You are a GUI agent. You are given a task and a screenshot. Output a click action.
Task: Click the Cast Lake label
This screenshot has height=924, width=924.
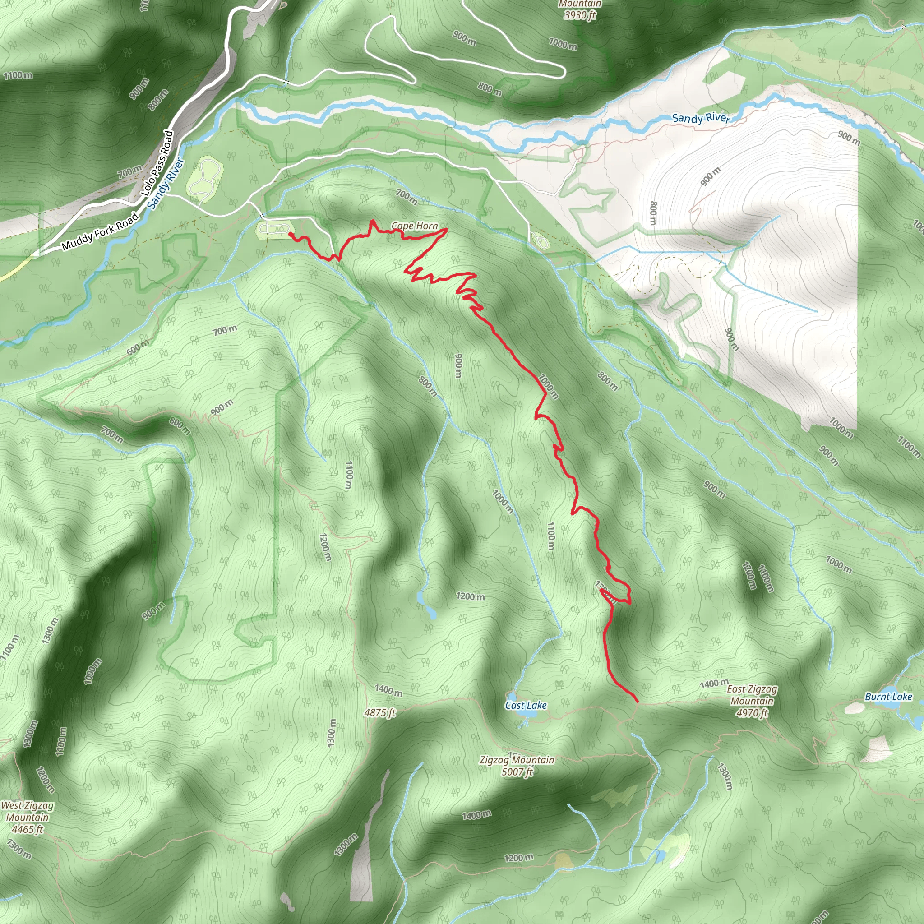(526, 706)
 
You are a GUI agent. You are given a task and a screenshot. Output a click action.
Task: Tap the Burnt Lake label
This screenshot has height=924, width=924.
(888, 697)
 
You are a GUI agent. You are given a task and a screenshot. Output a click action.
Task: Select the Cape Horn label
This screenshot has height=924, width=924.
(414, 226)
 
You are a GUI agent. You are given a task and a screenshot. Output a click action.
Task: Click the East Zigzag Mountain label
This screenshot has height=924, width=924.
(752, 695)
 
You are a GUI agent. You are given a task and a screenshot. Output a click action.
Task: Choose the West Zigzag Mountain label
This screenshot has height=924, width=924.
(27, 811)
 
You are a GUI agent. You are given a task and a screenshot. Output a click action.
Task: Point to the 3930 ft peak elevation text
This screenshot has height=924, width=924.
(580, 15)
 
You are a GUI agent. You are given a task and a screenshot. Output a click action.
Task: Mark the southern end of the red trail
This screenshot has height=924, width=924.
(637, 702)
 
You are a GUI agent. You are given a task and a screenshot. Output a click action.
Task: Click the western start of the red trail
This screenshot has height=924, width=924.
(290, 234)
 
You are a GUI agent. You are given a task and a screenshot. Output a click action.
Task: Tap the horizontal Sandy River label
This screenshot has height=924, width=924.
(701, 118)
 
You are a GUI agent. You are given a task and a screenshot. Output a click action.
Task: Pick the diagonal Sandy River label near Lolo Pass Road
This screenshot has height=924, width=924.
(166, 184)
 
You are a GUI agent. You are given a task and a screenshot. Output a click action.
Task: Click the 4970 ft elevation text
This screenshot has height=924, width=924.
(752, 713)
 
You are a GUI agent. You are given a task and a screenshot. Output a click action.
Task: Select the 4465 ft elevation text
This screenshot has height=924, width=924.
(27, 829)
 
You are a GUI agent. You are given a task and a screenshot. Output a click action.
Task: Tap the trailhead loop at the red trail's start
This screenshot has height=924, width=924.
(274, 230)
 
